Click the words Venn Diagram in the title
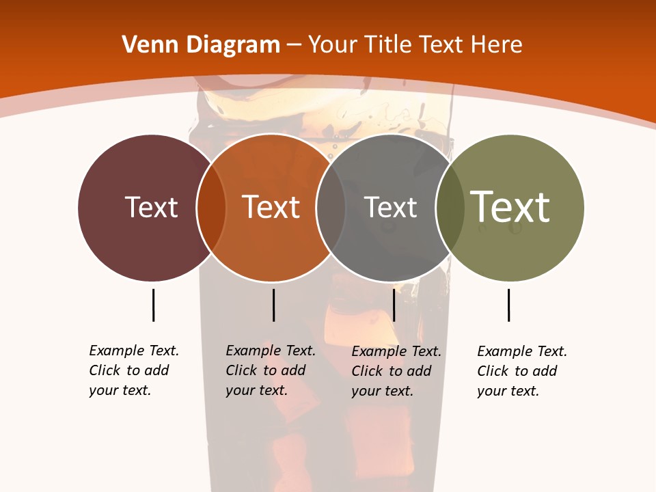tap(201, 45)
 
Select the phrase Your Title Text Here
tap(415, 45)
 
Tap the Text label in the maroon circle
tap(151, 207)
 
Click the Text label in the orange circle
tap(271, 207)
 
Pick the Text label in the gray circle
tap(390, 207)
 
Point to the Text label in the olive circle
tap(510, 206)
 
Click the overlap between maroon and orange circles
tap(211, 208)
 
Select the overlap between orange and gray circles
tap(331, 208)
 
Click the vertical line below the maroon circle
tap(153, 305)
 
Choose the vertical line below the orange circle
tap(273, 305)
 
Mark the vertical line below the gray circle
tap(394, 305)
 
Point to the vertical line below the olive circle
tap(508, 305)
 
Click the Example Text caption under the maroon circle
tap(134, 370)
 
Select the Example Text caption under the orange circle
tap(271, 370)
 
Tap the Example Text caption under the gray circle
tap(396, 371)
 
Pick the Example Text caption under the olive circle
tap(522, 371)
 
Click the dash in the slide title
tap(294, 45)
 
